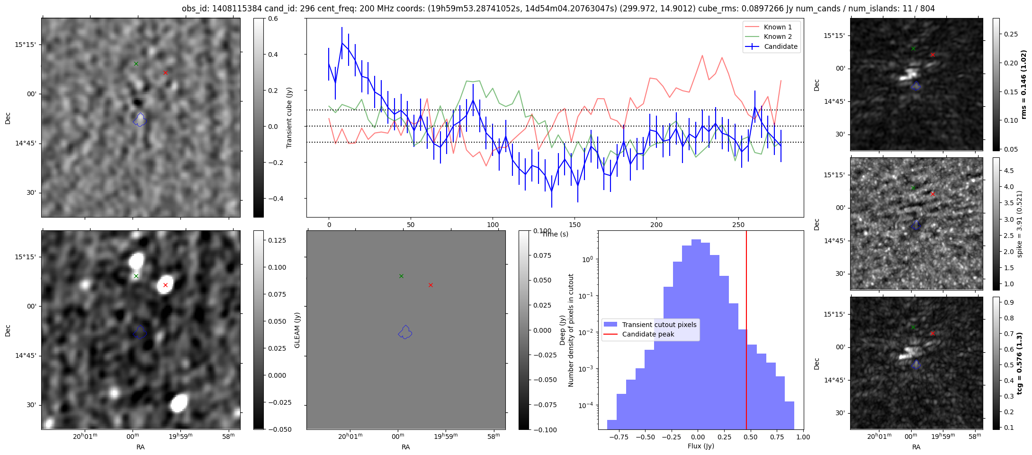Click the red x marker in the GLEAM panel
pos(431,285)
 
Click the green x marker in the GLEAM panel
pos(401,276)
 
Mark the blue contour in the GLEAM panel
pos(405,332)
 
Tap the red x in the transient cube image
pos(165,73)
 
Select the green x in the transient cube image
pos(136,64)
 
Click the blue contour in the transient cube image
pos(140,120)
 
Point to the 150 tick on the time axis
pos(574,225)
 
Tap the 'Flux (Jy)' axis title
pos(700,446)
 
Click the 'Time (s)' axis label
pos(555,234)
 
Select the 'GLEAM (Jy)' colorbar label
pos(297,330)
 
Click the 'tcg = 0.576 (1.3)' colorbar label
pos(1020,363)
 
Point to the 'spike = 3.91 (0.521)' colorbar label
pos(1020,224)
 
